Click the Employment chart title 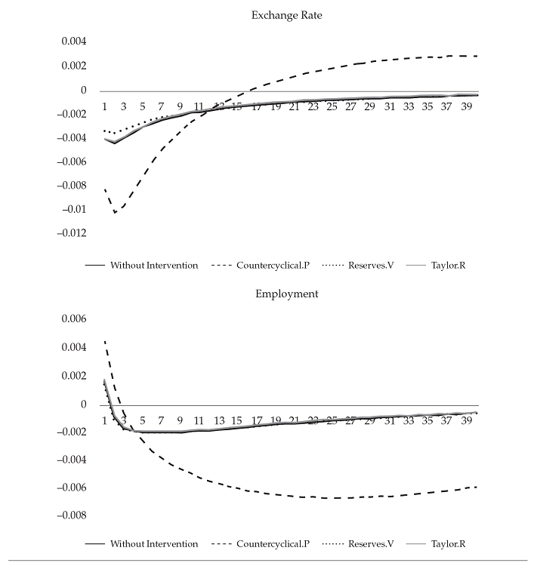(287, 294)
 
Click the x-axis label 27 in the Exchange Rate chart (350, 107)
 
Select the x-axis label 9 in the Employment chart (180, 420)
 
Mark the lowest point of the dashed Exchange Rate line (115, 213)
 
